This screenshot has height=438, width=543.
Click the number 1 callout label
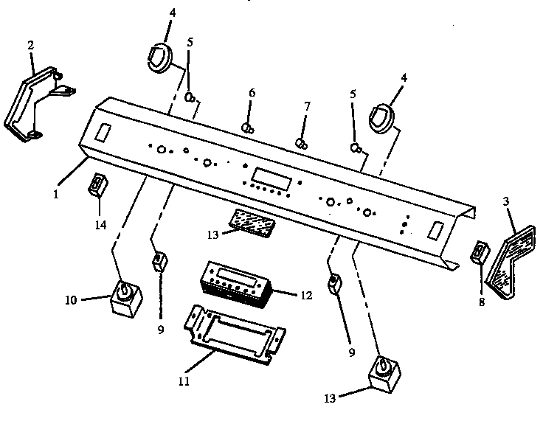click(x=56, y=195)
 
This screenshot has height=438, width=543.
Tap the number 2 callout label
click(x=31, y=45)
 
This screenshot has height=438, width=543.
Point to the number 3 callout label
click(x=506, y=201)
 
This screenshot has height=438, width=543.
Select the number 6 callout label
click(x=252, y=93)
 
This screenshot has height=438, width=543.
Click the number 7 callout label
click(x=307, y=106)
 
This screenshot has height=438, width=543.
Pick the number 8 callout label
click(x=482, y=302)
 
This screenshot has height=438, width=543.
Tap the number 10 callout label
click(x=71, y=300)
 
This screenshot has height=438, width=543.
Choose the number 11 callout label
click(x=184, y=381)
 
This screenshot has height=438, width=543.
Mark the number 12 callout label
click(x=306, y=296)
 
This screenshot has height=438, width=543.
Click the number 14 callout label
click(x=100, y=225)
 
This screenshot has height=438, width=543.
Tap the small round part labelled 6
click(x=247, y=128)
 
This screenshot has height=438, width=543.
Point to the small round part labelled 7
click(x=301, y=144)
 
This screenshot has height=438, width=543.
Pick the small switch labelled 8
click(x=480, y=252)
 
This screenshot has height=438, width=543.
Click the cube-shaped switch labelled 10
click(x=125, y=297)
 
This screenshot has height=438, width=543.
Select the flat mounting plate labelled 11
click(x=235, y=335)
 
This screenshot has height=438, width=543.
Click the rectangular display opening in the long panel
click(x=271, y=178)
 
